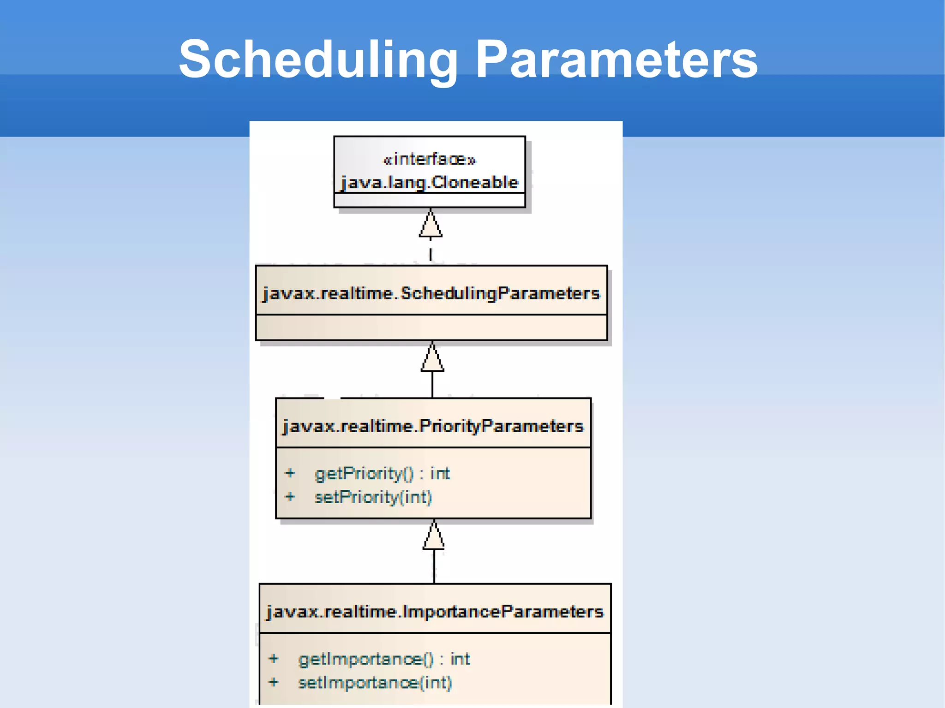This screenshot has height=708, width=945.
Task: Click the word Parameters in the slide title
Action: coord(616,60)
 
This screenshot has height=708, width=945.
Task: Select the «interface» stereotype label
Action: coord(430,160)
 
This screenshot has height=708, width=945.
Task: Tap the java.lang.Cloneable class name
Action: coord(430,183)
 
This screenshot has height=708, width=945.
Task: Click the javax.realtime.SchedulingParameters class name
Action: coord(431,293)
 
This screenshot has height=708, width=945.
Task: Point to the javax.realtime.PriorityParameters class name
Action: coord(433,426)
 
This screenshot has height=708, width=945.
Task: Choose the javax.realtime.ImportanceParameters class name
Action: coord(435,612)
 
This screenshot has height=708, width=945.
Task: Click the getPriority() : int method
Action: coord(382,474)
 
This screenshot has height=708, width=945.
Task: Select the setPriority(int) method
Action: coord(373,497)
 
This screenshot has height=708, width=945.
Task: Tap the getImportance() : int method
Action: coord(384,659)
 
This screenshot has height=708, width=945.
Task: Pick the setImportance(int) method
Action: coord(375,683)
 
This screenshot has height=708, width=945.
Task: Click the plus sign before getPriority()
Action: coord(290,473)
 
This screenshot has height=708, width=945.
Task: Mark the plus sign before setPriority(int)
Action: coord(290,497)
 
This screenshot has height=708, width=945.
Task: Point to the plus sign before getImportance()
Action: coord(274,659)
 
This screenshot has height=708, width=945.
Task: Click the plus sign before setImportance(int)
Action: coord(274,682)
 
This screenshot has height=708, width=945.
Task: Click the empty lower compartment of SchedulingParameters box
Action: coord(431,327)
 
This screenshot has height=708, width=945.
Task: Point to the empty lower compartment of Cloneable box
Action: coord(430,200)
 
